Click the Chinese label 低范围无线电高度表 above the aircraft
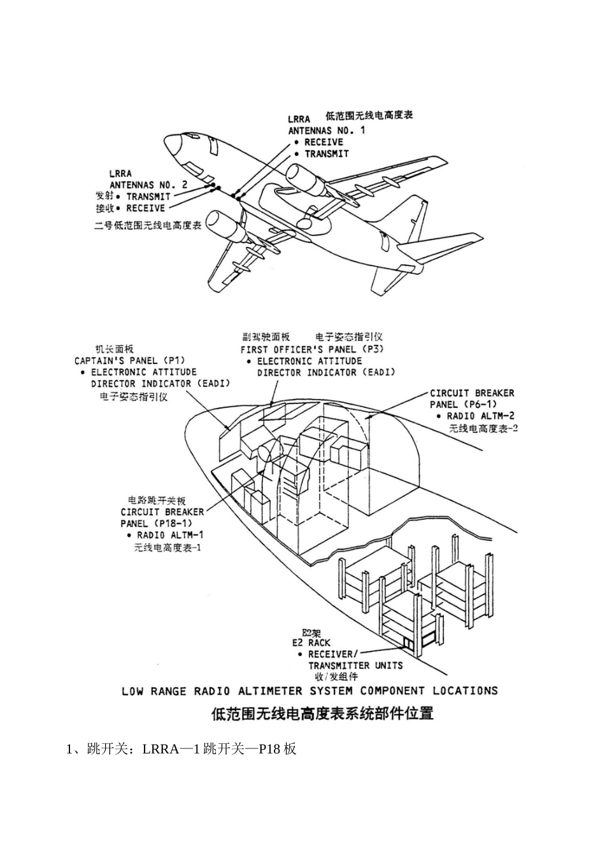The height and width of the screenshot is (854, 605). tap(369, 116)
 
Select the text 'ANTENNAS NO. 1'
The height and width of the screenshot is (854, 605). tap(327, 130)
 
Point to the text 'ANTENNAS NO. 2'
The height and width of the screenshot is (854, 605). tap(148, 185)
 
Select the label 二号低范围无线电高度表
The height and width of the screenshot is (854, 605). tap(148, 225)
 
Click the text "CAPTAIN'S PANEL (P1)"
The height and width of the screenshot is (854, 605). tap(129, 360)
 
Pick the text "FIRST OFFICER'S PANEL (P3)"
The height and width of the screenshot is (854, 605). tap(312, 349)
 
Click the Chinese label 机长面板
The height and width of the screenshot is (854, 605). tap(114, 349)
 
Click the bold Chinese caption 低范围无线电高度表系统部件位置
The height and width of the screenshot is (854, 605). tap(323, 713)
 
